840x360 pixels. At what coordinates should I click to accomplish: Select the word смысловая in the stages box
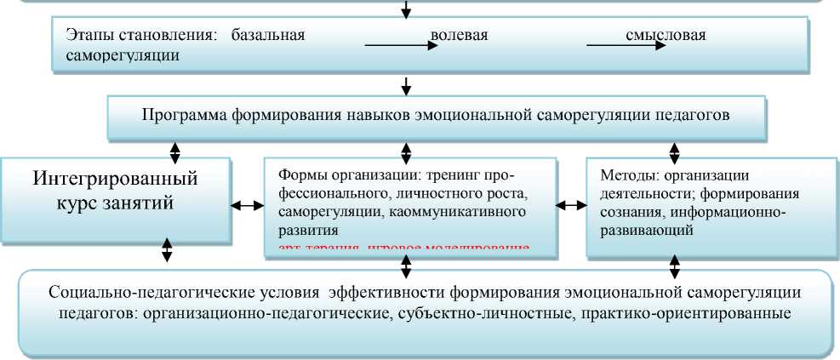tap(666, 36)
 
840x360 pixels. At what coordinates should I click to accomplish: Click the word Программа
tap(188, 115)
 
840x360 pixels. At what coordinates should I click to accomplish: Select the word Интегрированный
tap(116, 180)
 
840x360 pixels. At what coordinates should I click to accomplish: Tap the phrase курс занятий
tap(115, 203)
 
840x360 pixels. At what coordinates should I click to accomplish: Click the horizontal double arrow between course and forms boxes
tap(247, 205)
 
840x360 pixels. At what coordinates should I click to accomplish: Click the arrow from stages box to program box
tap(407, 85)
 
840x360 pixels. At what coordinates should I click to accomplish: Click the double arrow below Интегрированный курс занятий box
tap(167, 249)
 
